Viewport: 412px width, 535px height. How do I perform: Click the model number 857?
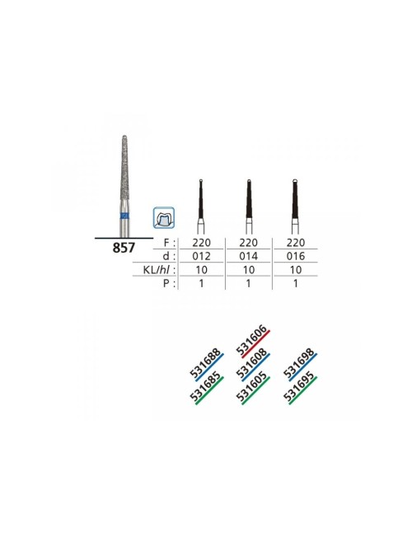click(x=124, y=248)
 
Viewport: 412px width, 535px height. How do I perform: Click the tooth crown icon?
click(x=164, y=217)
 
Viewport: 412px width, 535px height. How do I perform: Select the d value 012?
click(x=202, y=256)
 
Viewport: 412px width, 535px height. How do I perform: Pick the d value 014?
click(x=248, y=256)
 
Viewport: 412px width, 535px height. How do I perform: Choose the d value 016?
click(x=296, y=256)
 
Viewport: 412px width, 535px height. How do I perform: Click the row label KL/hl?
click(x=160, y=270)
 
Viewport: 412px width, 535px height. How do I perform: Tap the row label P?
click(x=169, y=283)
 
